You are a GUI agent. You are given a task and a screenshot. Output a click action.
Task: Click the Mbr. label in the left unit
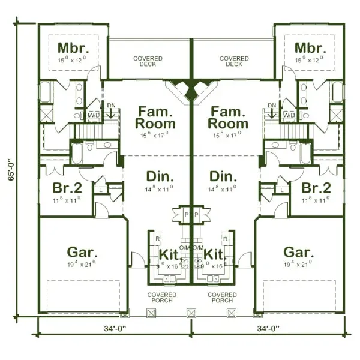[73, 47]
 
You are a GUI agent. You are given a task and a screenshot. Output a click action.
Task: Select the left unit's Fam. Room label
[157, 118]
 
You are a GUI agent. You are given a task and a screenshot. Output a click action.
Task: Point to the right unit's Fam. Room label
[227, 118]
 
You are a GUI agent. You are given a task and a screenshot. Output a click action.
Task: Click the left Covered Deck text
[148, 61]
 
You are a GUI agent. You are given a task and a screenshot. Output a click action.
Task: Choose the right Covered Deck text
[234, 61]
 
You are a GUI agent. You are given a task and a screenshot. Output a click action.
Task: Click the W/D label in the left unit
[94, 114]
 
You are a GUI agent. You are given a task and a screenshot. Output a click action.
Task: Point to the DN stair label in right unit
[272, 105]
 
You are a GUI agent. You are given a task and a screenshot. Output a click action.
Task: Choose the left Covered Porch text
[163, 298]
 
